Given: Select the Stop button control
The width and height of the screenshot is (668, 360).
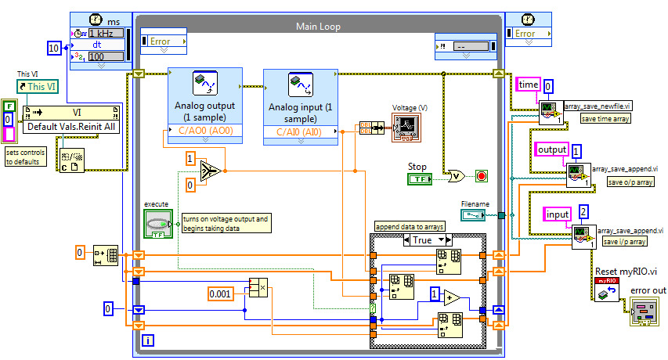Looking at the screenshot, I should [x=420, y=180].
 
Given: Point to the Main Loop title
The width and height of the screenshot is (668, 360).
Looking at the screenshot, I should [x=316, y=26].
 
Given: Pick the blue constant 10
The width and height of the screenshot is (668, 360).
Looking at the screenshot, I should [x=54, y=49].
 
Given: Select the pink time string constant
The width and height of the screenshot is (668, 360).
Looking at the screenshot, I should [x=528, y=84].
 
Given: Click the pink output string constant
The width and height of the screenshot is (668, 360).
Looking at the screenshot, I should [x=552, y=149].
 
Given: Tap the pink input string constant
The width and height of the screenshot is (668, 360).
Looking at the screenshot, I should [x=558, y=213].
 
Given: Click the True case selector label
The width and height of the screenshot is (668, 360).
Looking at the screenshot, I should [x=423, y=240].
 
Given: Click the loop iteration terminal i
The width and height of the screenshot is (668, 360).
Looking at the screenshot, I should [x=149, y=340].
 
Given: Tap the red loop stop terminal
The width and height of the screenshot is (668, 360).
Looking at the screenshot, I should [x=481, y=175].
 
